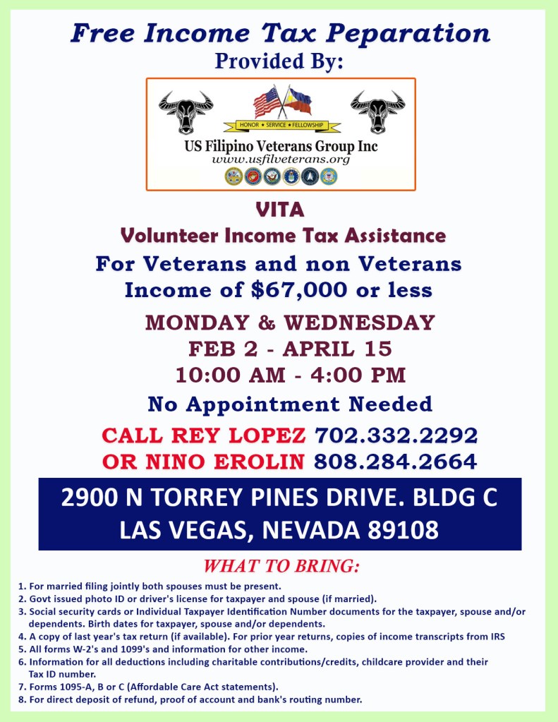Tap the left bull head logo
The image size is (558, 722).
(x=186, y=110)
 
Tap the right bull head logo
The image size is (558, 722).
(x=377, y=110)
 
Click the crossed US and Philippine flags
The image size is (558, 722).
(x=281, y=103)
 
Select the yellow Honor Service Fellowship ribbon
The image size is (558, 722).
(x=281, y=126)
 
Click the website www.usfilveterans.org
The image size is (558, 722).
(x=281, y=160)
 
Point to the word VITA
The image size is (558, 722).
(x=281, y=210)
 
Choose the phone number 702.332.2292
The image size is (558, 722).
(x=396, y=434)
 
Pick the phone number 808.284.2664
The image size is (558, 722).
(x=395, y=462)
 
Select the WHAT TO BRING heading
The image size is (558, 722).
(x=281, y=567)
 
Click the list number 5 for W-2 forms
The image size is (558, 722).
(x=22, y=649)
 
